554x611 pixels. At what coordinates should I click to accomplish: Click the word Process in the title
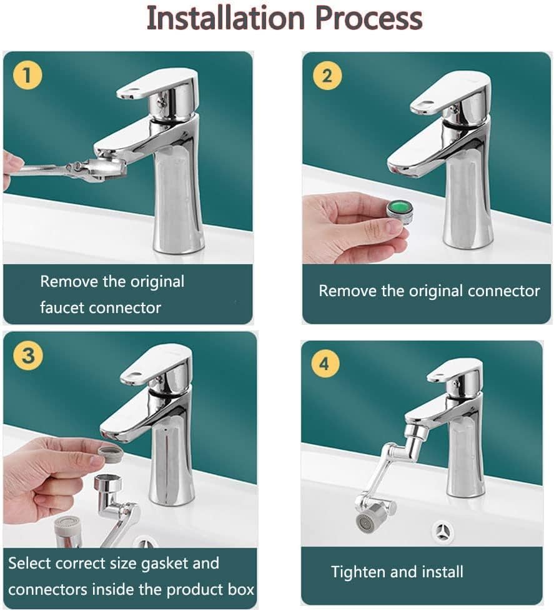click(x=369, y=18)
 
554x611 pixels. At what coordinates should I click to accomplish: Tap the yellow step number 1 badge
click(x=26, y=76)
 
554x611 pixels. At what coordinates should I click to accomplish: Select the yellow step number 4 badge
click(x=324, y=364)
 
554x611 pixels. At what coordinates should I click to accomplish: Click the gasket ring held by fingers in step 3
click(x=111, y=452)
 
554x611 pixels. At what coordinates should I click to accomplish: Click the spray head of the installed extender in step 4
click(x=366, y=520)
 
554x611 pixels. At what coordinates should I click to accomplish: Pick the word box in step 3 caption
click(x=240, y=589)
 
